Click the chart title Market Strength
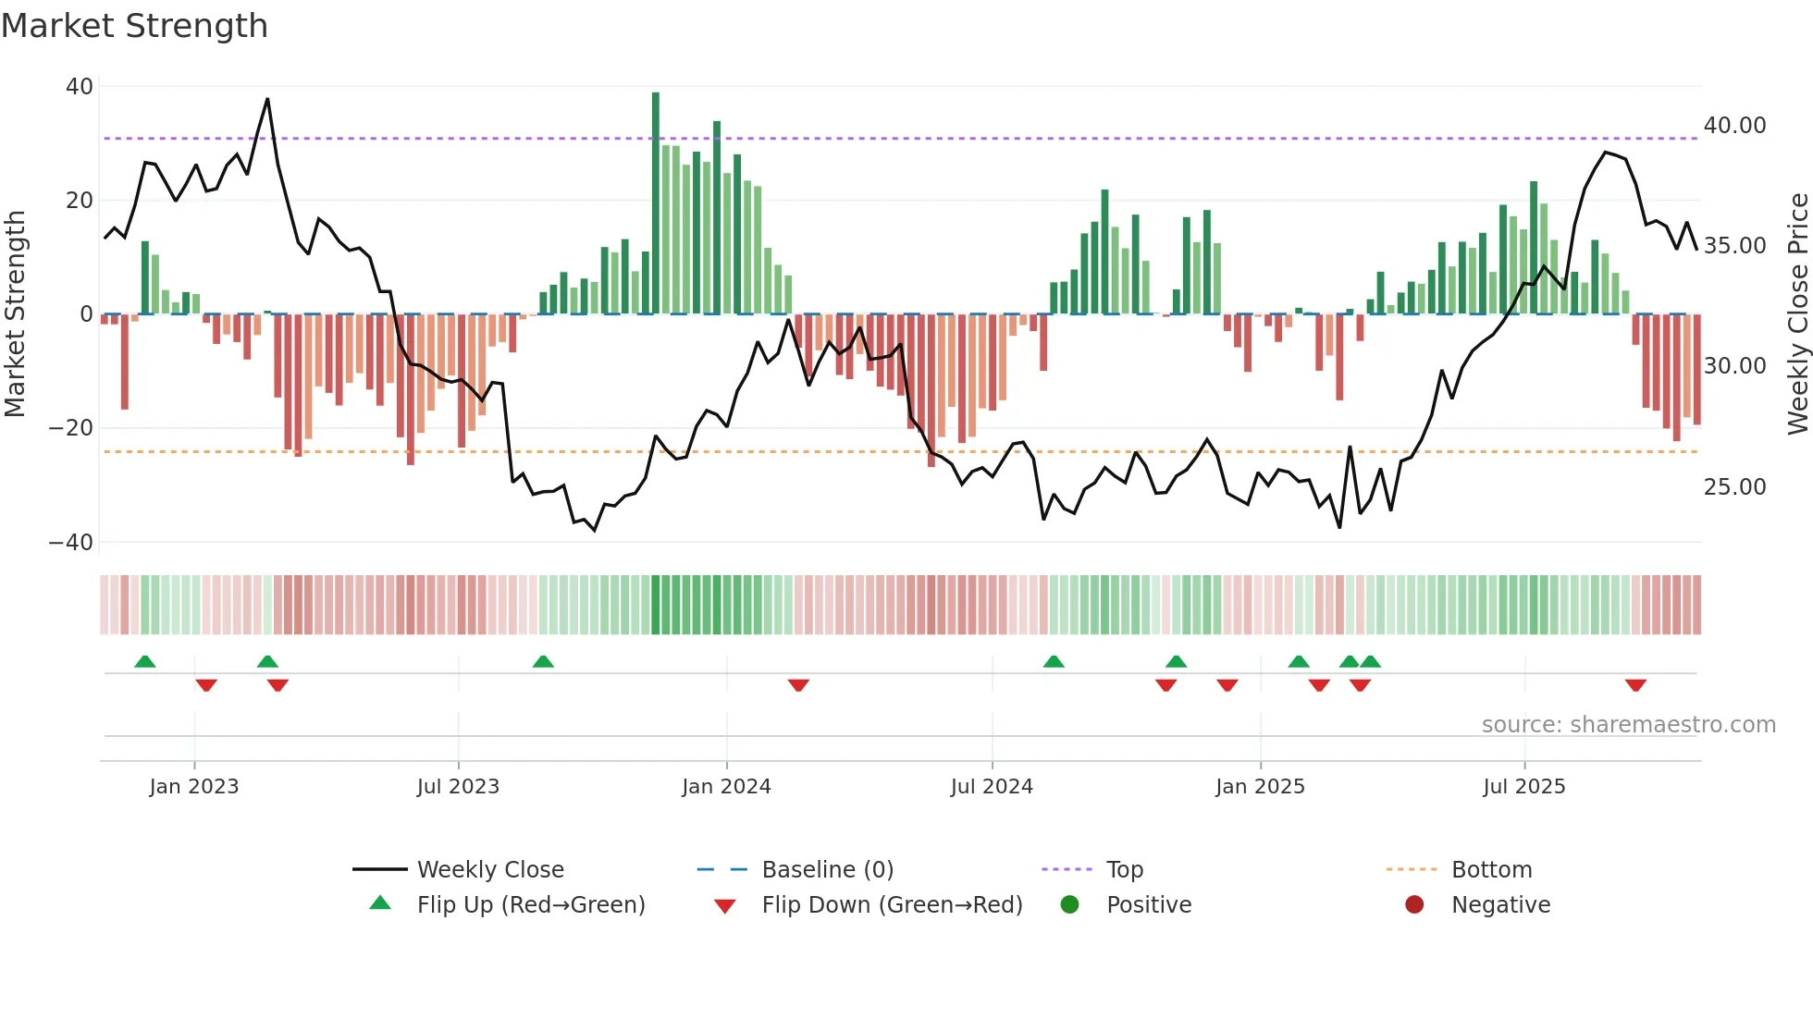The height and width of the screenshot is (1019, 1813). coord(134,26)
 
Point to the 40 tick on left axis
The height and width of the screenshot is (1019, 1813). coord(80,87)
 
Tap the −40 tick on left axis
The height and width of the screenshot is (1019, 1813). coord(71,543)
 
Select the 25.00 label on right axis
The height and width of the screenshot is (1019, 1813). coord(1734,487)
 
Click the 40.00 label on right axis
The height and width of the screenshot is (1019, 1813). coord(1734,126)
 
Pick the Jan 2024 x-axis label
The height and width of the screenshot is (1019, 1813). coord(726,787)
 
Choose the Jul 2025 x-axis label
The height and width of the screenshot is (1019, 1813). coord(1523,787)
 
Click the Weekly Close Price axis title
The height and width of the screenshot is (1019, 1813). coord(1797,314)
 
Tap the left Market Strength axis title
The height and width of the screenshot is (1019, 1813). coord(15,314)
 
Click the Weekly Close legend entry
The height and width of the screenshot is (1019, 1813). coord(489,870)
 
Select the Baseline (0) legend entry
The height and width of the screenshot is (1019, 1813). coord(827,870)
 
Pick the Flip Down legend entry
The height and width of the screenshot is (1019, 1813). coord(891,905)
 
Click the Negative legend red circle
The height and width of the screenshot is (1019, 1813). coord(1414,905)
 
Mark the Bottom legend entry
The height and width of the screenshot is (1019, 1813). coord(1491,870)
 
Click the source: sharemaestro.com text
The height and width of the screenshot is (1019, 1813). coord(1628,725)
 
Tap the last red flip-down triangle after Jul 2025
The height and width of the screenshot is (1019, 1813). coord(1635,685)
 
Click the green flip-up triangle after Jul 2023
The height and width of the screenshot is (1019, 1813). coord(543,661)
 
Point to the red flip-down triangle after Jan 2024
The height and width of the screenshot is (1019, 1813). coord(798,685)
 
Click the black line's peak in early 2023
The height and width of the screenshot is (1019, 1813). coord(267,99)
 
